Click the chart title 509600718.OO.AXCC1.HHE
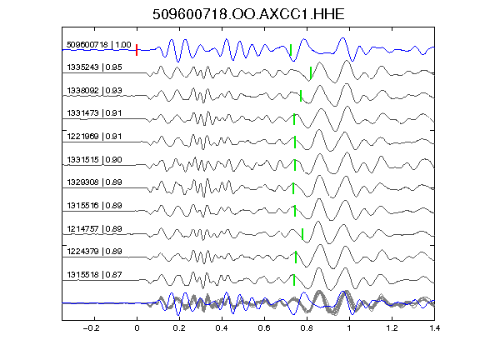tap(248, 14)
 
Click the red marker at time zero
tap(137, 50)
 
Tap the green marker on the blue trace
tap(291, 50)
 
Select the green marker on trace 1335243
tap(311, 73)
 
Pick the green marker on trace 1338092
tap(301, 96)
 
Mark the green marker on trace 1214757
tap(302, 234)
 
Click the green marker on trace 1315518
tap(294, 280)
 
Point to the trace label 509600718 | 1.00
tap(99, 45)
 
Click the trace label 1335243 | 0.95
tap(95, 67)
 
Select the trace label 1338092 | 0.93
tap(95, 91)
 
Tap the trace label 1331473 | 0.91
tap(95, 113)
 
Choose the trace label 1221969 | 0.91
tap(95, 137)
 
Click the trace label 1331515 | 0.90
tap(95, 160)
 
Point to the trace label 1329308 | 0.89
tap(95, 182)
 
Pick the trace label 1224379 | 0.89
tap(95, 252)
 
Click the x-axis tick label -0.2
tap(91, 328)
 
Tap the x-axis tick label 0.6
tap(264, 328)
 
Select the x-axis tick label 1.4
tap(434, 328)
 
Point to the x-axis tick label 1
tap(349, 328)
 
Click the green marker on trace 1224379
tap(296, 257)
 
